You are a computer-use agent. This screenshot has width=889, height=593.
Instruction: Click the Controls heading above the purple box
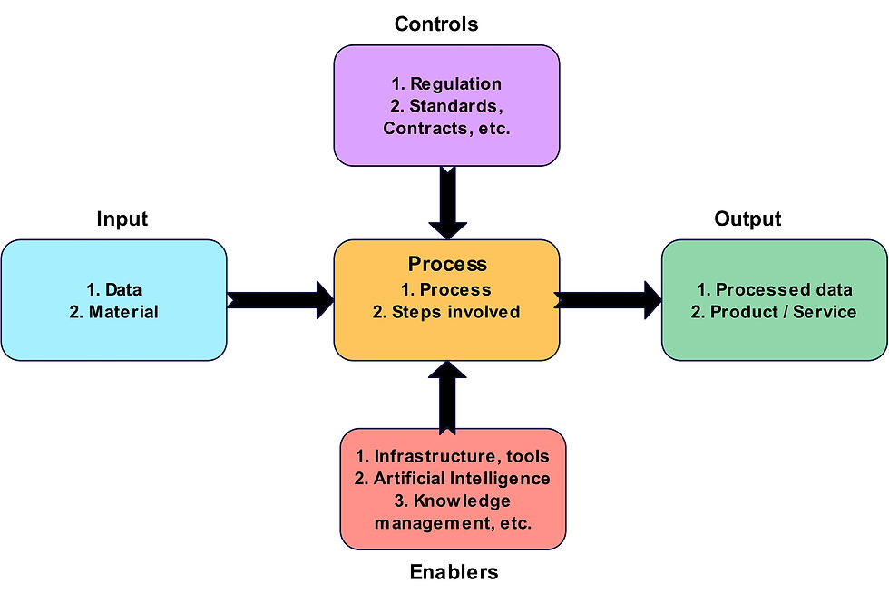point(436,24)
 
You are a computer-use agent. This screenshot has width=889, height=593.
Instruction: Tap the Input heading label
point(122,219)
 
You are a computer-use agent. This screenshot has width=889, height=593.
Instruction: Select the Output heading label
point(747,219)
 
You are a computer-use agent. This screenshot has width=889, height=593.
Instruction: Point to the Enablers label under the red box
point(454,572)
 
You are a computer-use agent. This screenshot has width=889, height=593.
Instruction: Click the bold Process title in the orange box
point(447,264)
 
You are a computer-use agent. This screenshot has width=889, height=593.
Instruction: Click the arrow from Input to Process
point(280,300)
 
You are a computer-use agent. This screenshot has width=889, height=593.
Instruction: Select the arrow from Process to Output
point(608,300)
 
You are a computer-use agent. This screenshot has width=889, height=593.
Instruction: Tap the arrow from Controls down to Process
point(448,202)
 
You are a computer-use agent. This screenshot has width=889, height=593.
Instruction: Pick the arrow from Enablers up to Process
point(447,398)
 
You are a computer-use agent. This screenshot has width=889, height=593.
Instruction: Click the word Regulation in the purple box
point(455,84)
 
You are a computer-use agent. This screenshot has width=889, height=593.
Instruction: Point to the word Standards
point(453,106)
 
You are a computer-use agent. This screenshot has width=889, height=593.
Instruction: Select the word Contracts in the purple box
point(425,128)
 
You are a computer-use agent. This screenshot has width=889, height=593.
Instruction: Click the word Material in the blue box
point(123,312)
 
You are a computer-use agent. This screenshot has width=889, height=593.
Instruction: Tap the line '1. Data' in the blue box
point(114,289)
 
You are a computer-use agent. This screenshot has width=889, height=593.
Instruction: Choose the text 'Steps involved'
point(455,312)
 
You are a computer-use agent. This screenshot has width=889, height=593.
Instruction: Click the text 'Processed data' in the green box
point(784,289)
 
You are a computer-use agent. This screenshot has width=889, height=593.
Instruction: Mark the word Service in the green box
point(825,312)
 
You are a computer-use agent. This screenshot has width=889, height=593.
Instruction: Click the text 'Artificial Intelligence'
point(462,479)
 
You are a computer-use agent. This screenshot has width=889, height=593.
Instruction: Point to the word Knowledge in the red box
point(462,501)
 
